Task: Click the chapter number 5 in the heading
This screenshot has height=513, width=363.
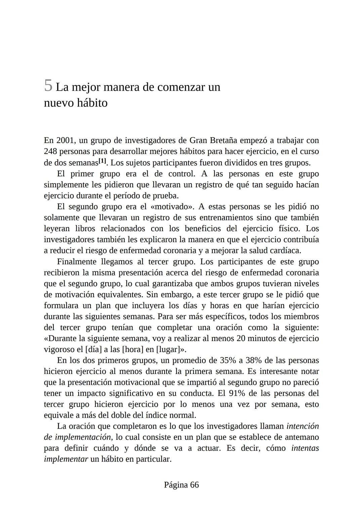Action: tap(48, 86)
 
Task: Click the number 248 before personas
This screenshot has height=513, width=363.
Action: tap(51, 152)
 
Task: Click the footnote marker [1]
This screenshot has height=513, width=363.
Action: tap(102, 161)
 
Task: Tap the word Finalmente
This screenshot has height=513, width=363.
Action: tap(77, 262)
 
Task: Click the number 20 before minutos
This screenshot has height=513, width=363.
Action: tap(241, 339)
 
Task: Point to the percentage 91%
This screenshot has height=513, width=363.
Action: tap(237, 393)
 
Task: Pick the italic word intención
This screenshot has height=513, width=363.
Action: tap(302, 426)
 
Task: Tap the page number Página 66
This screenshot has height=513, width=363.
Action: tap(181, 485)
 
